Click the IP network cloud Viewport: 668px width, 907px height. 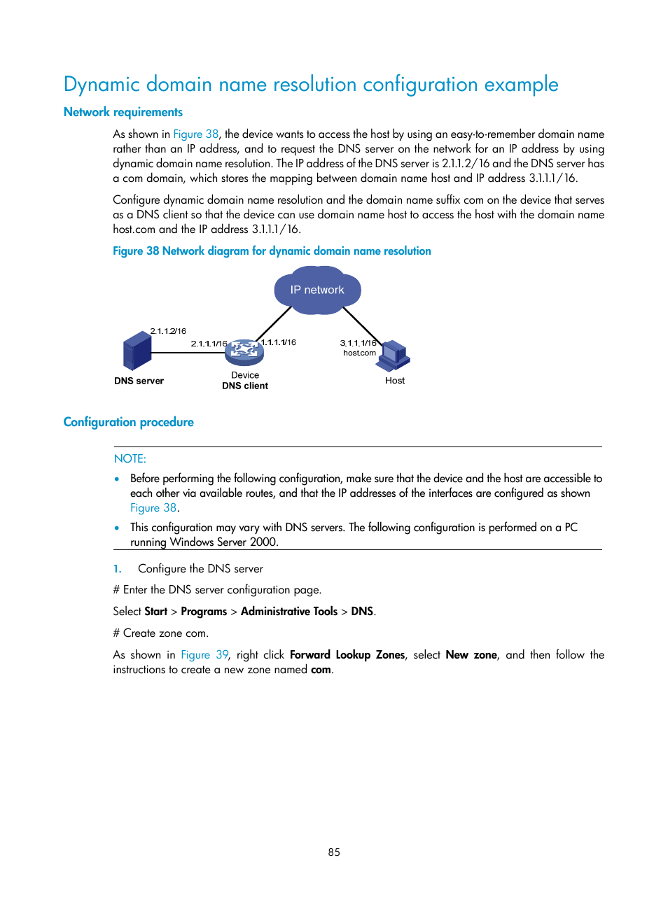[x=317, y=290]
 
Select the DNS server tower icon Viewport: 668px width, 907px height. [x=137, y=351]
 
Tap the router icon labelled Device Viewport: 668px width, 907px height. [x=244, y=352]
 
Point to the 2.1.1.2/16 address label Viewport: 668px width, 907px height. [x=168, y=331]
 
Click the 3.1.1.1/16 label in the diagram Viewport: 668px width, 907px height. [x=358, y=343]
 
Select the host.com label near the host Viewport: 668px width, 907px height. [x=359, y=353]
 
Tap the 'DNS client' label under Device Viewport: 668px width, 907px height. [x=245, y=386]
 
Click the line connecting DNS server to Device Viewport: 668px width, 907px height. [x=188, y=353]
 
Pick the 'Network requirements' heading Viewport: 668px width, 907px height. [x=123, y=112]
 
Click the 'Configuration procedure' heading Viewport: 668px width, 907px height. [x=128, y=422]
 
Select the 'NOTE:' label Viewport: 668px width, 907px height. [x=130, y=458]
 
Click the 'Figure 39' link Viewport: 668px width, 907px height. [x=204, y=654]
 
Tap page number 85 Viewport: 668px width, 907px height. [x=334, y=852]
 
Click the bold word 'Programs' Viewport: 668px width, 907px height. [x=204, y=611]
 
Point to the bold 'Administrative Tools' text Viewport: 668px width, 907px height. [x=289, y=611]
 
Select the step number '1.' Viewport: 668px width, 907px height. [x=118, y=569]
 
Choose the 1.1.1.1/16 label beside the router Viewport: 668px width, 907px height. [x=279, y=342]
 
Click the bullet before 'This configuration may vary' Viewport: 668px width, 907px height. [x=117, y=528]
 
